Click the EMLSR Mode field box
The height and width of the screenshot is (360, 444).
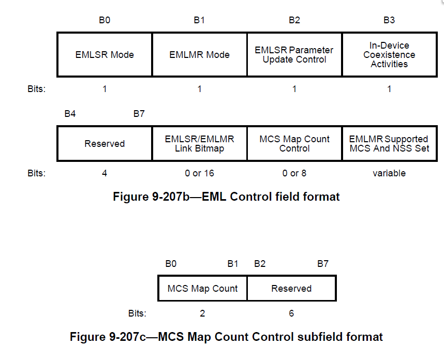[105, 55]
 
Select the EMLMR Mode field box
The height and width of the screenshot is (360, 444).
[199, 55]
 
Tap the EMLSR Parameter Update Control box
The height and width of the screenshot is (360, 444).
[294, 55]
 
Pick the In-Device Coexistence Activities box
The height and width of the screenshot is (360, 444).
[389, 55]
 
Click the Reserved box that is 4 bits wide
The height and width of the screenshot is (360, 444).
[105, 143]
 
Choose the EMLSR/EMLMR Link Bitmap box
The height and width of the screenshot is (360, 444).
[199, 143]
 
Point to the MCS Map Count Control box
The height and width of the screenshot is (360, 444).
[294, 143]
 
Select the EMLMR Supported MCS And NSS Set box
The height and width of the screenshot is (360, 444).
[389, 143]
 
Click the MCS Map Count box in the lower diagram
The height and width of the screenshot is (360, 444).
[202, 288]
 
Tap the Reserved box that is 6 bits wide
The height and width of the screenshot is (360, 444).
[291, 288]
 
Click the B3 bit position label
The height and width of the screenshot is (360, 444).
[389, 20]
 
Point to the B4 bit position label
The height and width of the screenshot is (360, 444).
[70, 113]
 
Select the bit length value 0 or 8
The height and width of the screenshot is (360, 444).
[294, 173]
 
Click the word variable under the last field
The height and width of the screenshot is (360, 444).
[389, 173]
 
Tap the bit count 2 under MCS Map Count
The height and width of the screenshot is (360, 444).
[202, 313]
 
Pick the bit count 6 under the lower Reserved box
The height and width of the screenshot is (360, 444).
[291, 313]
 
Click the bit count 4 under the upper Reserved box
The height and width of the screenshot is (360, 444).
[105, 173]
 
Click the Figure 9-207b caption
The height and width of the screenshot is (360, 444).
[226, 197]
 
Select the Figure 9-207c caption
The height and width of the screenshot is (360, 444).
[226, 337]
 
